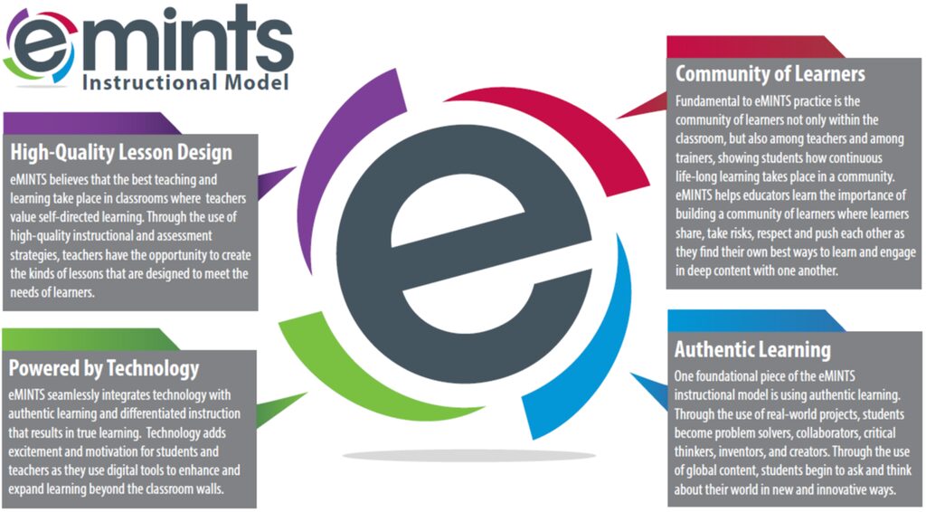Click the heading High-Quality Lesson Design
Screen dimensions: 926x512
(121, 152)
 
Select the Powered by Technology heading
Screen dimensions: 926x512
(104, 368)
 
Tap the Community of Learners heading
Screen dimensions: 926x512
(770, 74)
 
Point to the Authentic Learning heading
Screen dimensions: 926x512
(752, 349)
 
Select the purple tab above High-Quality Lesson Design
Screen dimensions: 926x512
(91, 123)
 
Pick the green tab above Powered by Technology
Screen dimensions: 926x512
(90, 339)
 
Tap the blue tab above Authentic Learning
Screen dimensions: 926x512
(757, 320)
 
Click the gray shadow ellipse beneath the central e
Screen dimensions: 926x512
(469, 455)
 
